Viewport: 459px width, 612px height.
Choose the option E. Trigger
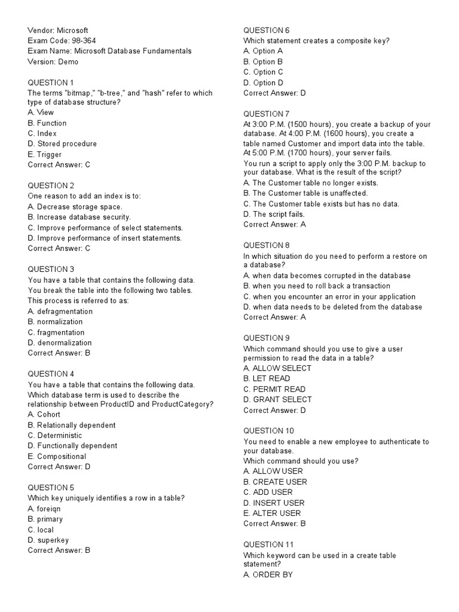coord(45,154)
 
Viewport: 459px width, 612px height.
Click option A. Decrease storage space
coord(75,207)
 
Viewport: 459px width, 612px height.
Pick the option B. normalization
coord(55,322)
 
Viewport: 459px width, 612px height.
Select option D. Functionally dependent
coord(72,446)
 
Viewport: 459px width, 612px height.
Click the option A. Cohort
coord(44,414)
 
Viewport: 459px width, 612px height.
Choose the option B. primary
coord(45,519)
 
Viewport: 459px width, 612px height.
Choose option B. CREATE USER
coord(276,482)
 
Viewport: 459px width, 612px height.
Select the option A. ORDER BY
coord(268,575)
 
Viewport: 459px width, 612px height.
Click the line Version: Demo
coord(53,62)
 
